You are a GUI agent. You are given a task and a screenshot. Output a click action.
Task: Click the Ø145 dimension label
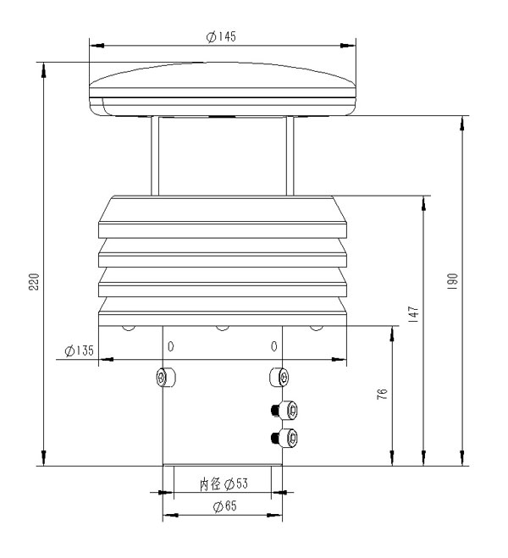221,36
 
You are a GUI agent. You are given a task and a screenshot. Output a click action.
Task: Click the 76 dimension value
383,395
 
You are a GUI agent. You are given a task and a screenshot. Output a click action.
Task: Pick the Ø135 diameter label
78,350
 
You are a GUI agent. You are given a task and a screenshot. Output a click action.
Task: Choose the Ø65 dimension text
223,506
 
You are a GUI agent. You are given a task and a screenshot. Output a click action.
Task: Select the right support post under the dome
290,157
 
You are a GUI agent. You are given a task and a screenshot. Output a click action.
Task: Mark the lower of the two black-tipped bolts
286,439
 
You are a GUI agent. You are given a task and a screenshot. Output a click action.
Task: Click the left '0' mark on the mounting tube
171,347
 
